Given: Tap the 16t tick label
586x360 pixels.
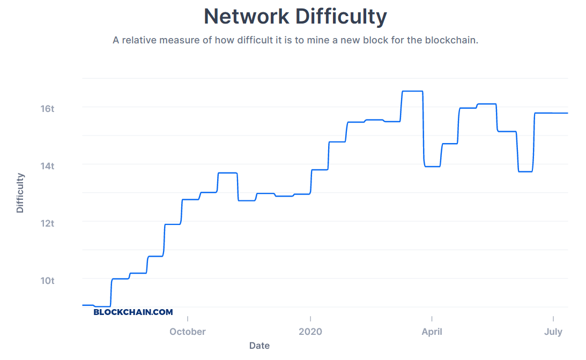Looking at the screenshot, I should (x=48, y=109).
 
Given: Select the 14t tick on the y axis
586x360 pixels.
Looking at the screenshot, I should (x=48, y=166).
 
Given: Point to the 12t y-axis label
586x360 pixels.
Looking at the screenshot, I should (x=48, y=223).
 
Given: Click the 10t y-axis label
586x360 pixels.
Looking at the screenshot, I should (x=48, y=280).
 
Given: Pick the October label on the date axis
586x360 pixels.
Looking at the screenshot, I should (x=188, y=332).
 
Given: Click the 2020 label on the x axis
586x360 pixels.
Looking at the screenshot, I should (x=310, y=332).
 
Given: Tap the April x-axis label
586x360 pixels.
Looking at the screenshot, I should (x=432, y=332).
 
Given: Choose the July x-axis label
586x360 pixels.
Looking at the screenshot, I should (x=553, y=332).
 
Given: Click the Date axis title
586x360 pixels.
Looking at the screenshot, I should (x=259, y=346).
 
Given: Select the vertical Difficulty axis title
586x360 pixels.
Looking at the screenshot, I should (x=20, y=192).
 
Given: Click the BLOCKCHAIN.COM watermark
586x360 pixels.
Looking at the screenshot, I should (x=133, y=312).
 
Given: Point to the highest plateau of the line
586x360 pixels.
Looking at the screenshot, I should (x=412, y=91).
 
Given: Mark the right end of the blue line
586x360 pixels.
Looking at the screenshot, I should (x=567, y=113).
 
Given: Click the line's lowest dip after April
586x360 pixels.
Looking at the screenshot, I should (x=525, y=171).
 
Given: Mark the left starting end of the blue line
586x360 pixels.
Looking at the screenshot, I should (x=83, y=305).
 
